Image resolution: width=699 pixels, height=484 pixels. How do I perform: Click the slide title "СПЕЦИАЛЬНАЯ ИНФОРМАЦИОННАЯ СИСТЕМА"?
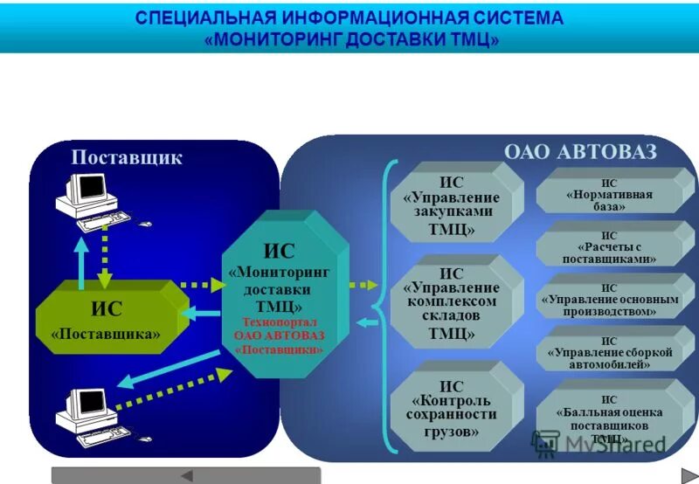[x=349, y=18]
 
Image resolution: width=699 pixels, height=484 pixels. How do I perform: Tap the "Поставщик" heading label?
[x=127, y=157]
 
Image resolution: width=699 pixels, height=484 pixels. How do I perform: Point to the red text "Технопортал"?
[x=279, y=322]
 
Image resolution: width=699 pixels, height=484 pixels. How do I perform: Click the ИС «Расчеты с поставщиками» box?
[x=609, y=247]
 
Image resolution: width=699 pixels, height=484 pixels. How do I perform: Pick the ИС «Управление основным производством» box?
[x=609, y=300]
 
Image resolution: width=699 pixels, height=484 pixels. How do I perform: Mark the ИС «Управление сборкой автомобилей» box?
[x=609, y=352]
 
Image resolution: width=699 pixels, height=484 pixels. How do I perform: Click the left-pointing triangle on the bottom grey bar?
[x=185, y=475]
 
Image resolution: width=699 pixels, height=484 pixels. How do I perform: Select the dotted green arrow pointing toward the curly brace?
[x=362, y=285]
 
